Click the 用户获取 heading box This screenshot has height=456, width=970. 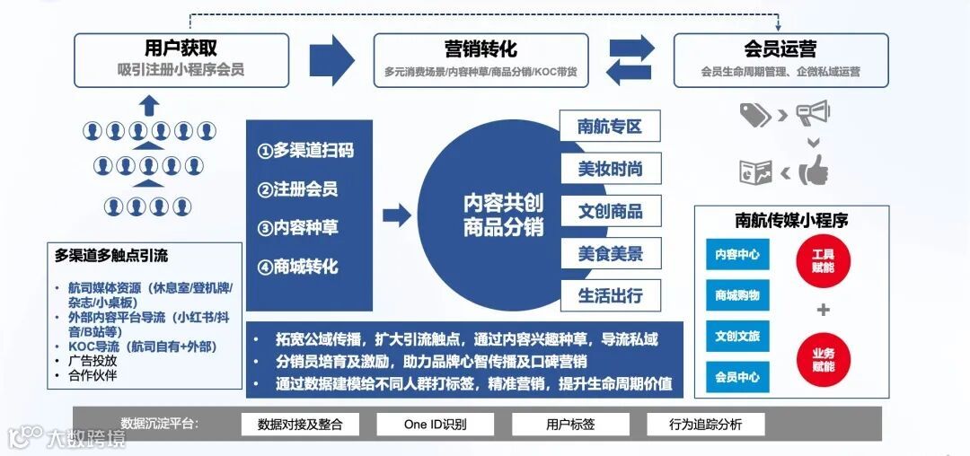(x=181, y=59)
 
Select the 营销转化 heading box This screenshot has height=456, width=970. (x=481, y=59)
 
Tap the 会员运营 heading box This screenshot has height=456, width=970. (x=780, y=59)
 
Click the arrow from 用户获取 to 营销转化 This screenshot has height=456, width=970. (x=331, y=60)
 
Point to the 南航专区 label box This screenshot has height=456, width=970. (x=610, y=127)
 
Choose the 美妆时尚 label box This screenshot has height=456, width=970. (x=610, y=169)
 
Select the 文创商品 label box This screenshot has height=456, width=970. (x=610, y=211)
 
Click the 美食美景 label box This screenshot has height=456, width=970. (x=610, y=253)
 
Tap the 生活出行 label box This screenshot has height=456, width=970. (x=610, y=295)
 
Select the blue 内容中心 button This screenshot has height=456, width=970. (x=737, y=255)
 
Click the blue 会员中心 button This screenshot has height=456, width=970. (x=737, y=377)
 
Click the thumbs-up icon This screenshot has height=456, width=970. (x=815, y=170)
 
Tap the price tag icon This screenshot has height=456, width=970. (x=754, y=114)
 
